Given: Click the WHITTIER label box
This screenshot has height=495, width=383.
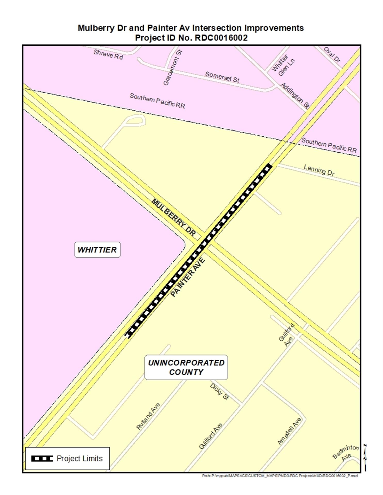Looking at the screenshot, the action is click(x=97, y=250).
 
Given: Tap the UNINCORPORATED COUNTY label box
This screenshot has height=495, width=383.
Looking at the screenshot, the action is click(x=186, y=367).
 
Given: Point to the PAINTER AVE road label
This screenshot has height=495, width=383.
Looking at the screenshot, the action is click(x=188, y=277).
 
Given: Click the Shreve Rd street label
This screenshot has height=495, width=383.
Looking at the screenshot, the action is click(x=108, y=54).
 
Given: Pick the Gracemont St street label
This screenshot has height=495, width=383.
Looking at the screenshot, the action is click(x=173, y=68).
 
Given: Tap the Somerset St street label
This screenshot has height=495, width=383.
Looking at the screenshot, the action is click(x=222, y=77).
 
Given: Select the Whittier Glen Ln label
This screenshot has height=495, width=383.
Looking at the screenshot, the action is click(x=283, y=65).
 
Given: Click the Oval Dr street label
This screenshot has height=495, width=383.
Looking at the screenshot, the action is click(x=332, y=54).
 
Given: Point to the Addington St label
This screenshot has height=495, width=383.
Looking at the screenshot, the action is click(x=295, y=95).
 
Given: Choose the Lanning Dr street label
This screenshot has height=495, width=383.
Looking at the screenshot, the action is click(x=319, y=170).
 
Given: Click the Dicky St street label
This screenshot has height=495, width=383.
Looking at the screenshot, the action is click(x=219, y=392).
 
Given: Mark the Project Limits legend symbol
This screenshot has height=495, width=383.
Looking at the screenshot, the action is click(x=42, y=458).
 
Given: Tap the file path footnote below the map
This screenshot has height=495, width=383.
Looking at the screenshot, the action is click(x=280, y=476).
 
